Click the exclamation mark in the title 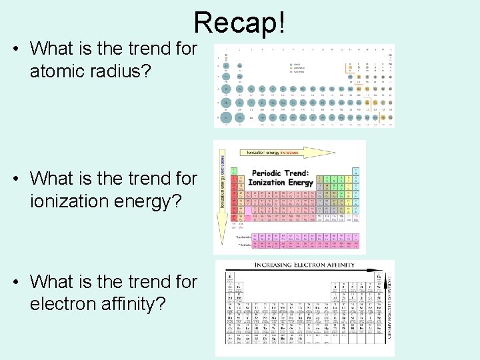tap(283, 23)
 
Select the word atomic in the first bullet tap(61, 71)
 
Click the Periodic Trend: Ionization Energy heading tap(280, 178)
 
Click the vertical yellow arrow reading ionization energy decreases tap(223, 193)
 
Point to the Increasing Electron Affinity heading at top tap(303, 265)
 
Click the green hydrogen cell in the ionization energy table tap(234, 171)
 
